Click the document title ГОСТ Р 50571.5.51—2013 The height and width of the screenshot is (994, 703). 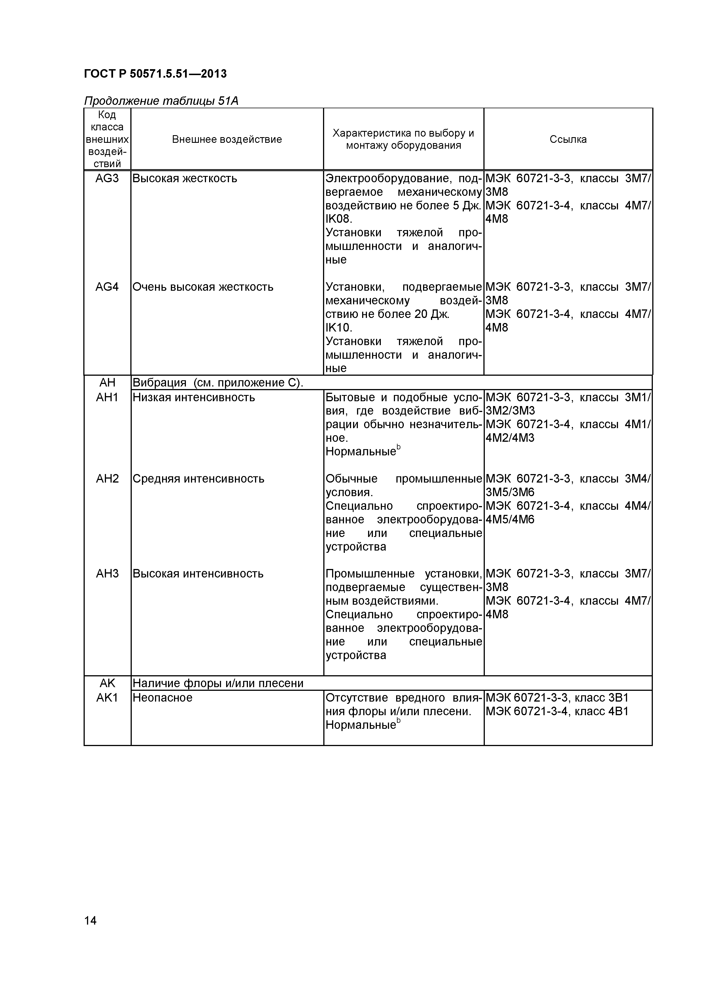pyautogui.click(x=155, y=74)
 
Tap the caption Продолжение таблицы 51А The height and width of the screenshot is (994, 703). pyautogui.click(x=161, y=101)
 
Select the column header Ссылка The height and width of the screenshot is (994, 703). pyautogui.click(x=568, y=139)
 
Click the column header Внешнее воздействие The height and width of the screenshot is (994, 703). pyautogui.click(x=227, y=139)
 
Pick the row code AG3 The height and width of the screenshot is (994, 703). pyautogui.click(x=107, y=178)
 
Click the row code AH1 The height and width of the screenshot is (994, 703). pyautogui.click(x=107, y=397)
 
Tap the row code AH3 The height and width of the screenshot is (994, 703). pyautogui.click(x=107, y=573)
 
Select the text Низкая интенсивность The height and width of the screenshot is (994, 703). pyautogui.click(x=194, y=397)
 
